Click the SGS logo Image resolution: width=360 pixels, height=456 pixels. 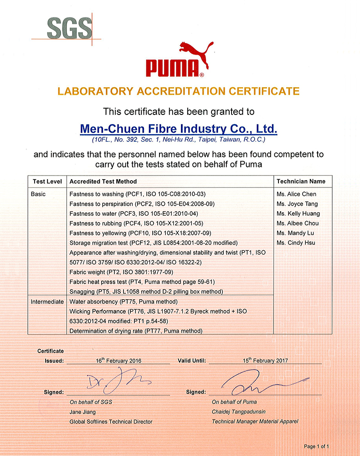[69, 28]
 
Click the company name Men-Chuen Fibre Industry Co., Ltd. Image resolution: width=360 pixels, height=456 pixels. [179, 129]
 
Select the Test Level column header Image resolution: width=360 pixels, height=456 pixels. [47, 181]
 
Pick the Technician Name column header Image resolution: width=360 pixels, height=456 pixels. [301, 181]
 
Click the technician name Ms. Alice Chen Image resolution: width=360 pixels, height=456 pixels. [296, 194]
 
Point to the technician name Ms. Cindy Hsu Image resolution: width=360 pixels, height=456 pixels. [296, 243]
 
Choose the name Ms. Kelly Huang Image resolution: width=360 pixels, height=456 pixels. [298, 213]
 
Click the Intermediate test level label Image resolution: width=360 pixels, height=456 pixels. [47, 302]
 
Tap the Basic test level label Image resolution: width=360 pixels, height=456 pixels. [38, 194]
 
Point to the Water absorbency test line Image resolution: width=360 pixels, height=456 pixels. [123, 302]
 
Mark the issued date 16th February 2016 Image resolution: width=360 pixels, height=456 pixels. [118, 361]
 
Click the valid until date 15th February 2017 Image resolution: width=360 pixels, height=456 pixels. [265, 360]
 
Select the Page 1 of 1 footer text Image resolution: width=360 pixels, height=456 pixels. [316, 446]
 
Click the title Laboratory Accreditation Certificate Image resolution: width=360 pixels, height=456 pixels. [179, 91]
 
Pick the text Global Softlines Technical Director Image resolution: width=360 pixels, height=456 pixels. [111, 422]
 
